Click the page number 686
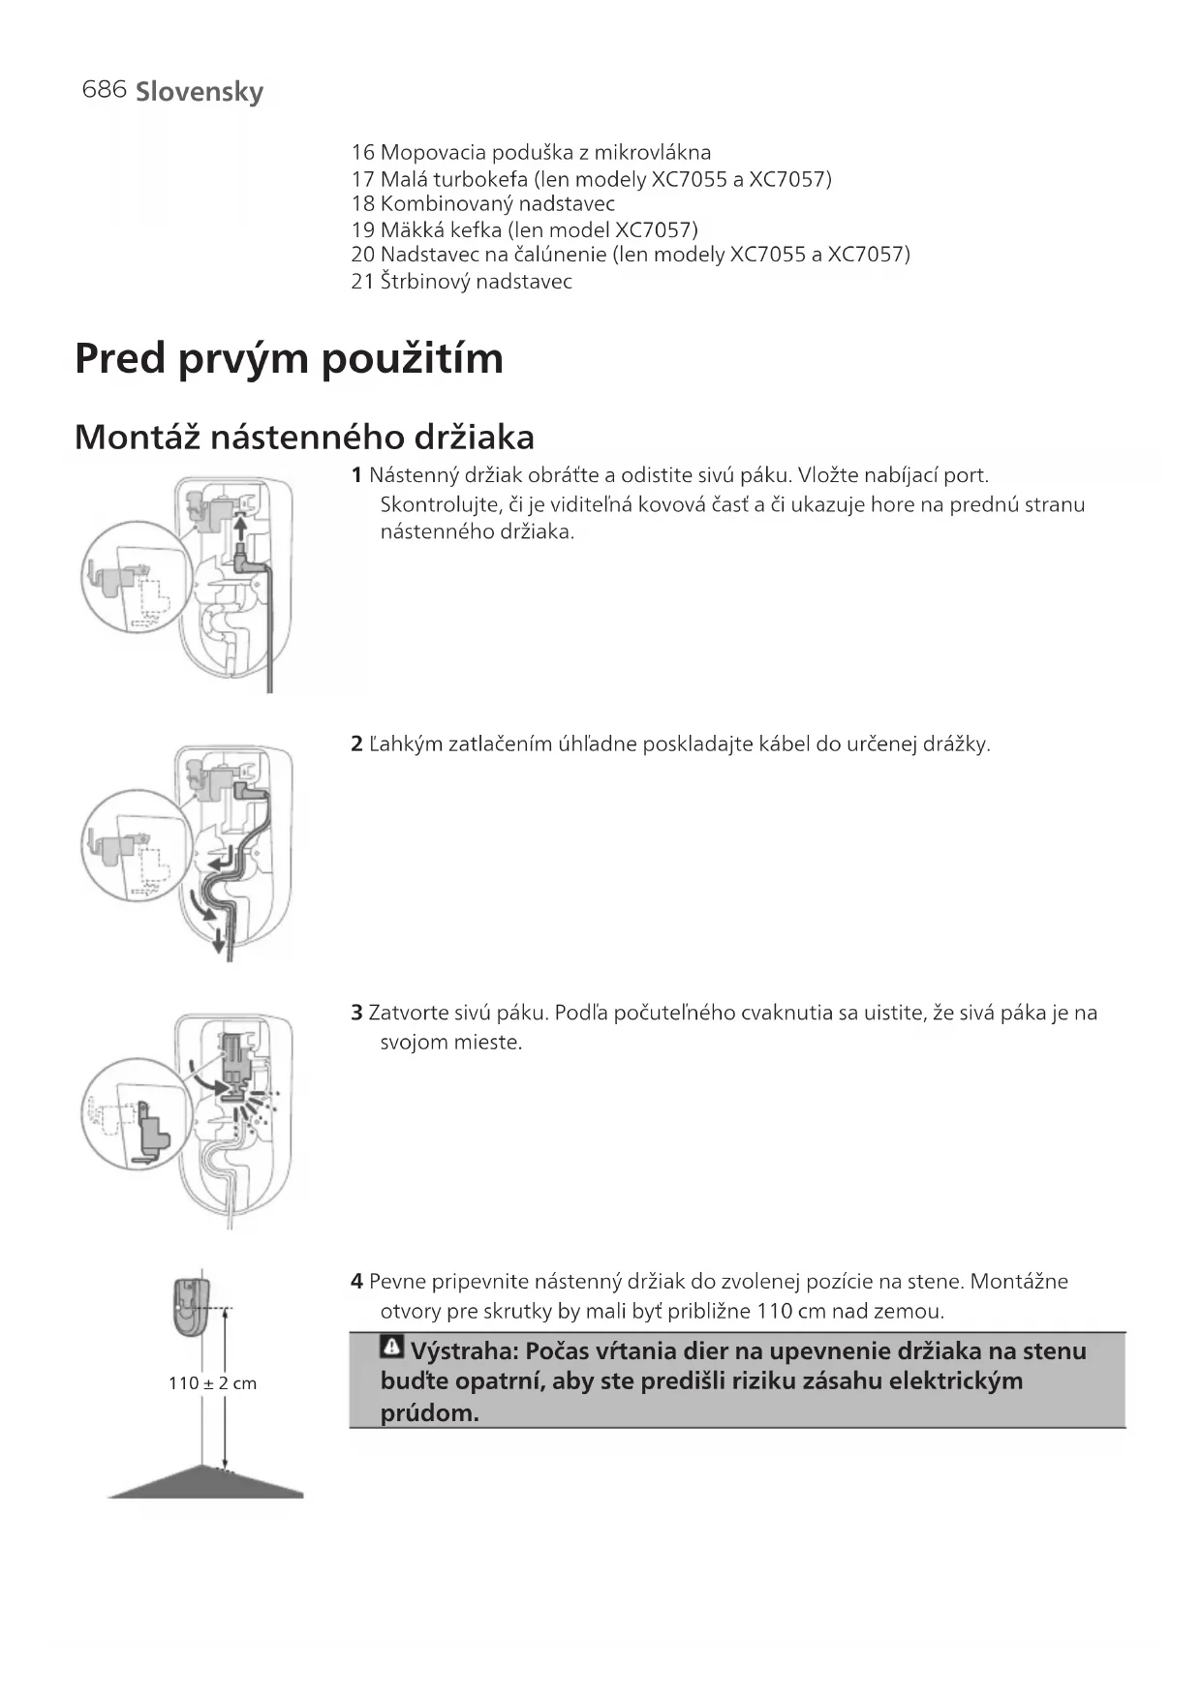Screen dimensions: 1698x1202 pyautogui.click(x=105, y=89)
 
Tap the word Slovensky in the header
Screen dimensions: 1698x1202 pyautogui.click(x=200, y=92)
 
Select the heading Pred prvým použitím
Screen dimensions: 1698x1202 pyautogui.click(x=289, y=358)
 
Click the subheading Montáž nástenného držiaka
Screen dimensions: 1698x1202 pyautogui.click(x=304, y=438)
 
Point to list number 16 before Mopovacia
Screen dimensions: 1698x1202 pyautogui.click(x=362, y=152)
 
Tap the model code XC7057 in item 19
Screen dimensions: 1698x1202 pyautogui.click(x=656, y=229)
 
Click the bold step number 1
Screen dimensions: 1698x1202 pyautogui.click(x=356, y=475)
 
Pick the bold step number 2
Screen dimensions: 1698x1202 pyautogui.click(x=356, y=744)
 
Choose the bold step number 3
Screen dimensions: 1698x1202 pyautogui.click(x=356, y=1014)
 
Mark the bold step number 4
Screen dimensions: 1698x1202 pyautogui.click(x=356, y=1282)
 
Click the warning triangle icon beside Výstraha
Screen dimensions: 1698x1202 pyautogui.click(x=392, y=1347)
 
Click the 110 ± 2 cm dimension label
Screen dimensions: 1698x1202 pyautogui.click(x=212, y=1383)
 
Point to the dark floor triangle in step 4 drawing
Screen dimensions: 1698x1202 pyautogui.click(x=205, y=1484)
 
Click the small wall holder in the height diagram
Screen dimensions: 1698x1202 pyautogui.click(x=192, y=1308)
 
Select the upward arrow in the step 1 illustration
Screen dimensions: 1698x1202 pyautogui.click(x=239, y=529)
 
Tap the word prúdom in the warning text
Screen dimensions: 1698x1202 pyautogui.click(x=429, y=1412)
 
